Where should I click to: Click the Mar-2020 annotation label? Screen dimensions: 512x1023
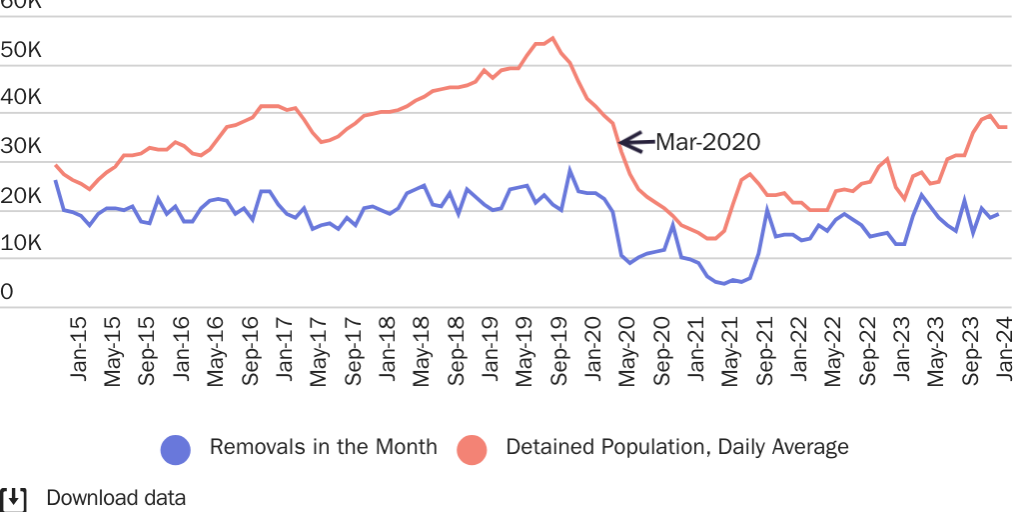(x=707, y=142)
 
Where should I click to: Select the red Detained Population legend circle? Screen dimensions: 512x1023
(x=472, y=449)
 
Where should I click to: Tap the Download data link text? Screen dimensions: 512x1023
(x=116, y=498)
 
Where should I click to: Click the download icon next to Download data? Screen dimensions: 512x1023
(x=13, y=498)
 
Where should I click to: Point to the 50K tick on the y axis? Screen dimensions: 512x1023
(x=20, y=50)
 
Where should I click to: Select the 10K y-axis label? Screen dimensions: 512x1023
(x=20, y=243)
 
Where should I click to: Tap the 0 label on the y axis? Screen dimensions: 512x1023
(x=7, y=292)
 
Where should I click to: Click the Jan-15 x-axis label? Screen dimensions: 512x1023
(x=79, y=349)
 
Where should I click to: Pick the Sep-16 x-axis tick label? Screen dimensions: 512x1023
(x=250, y=349)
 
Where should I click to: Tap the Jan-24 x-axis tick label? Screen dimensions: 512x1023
(x=1004, y=349)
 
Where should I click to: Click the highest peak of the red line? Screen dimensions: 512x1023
(x=552, y=38)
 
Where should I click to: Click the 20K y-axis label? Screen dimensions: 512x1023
(x=20, y=195)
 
